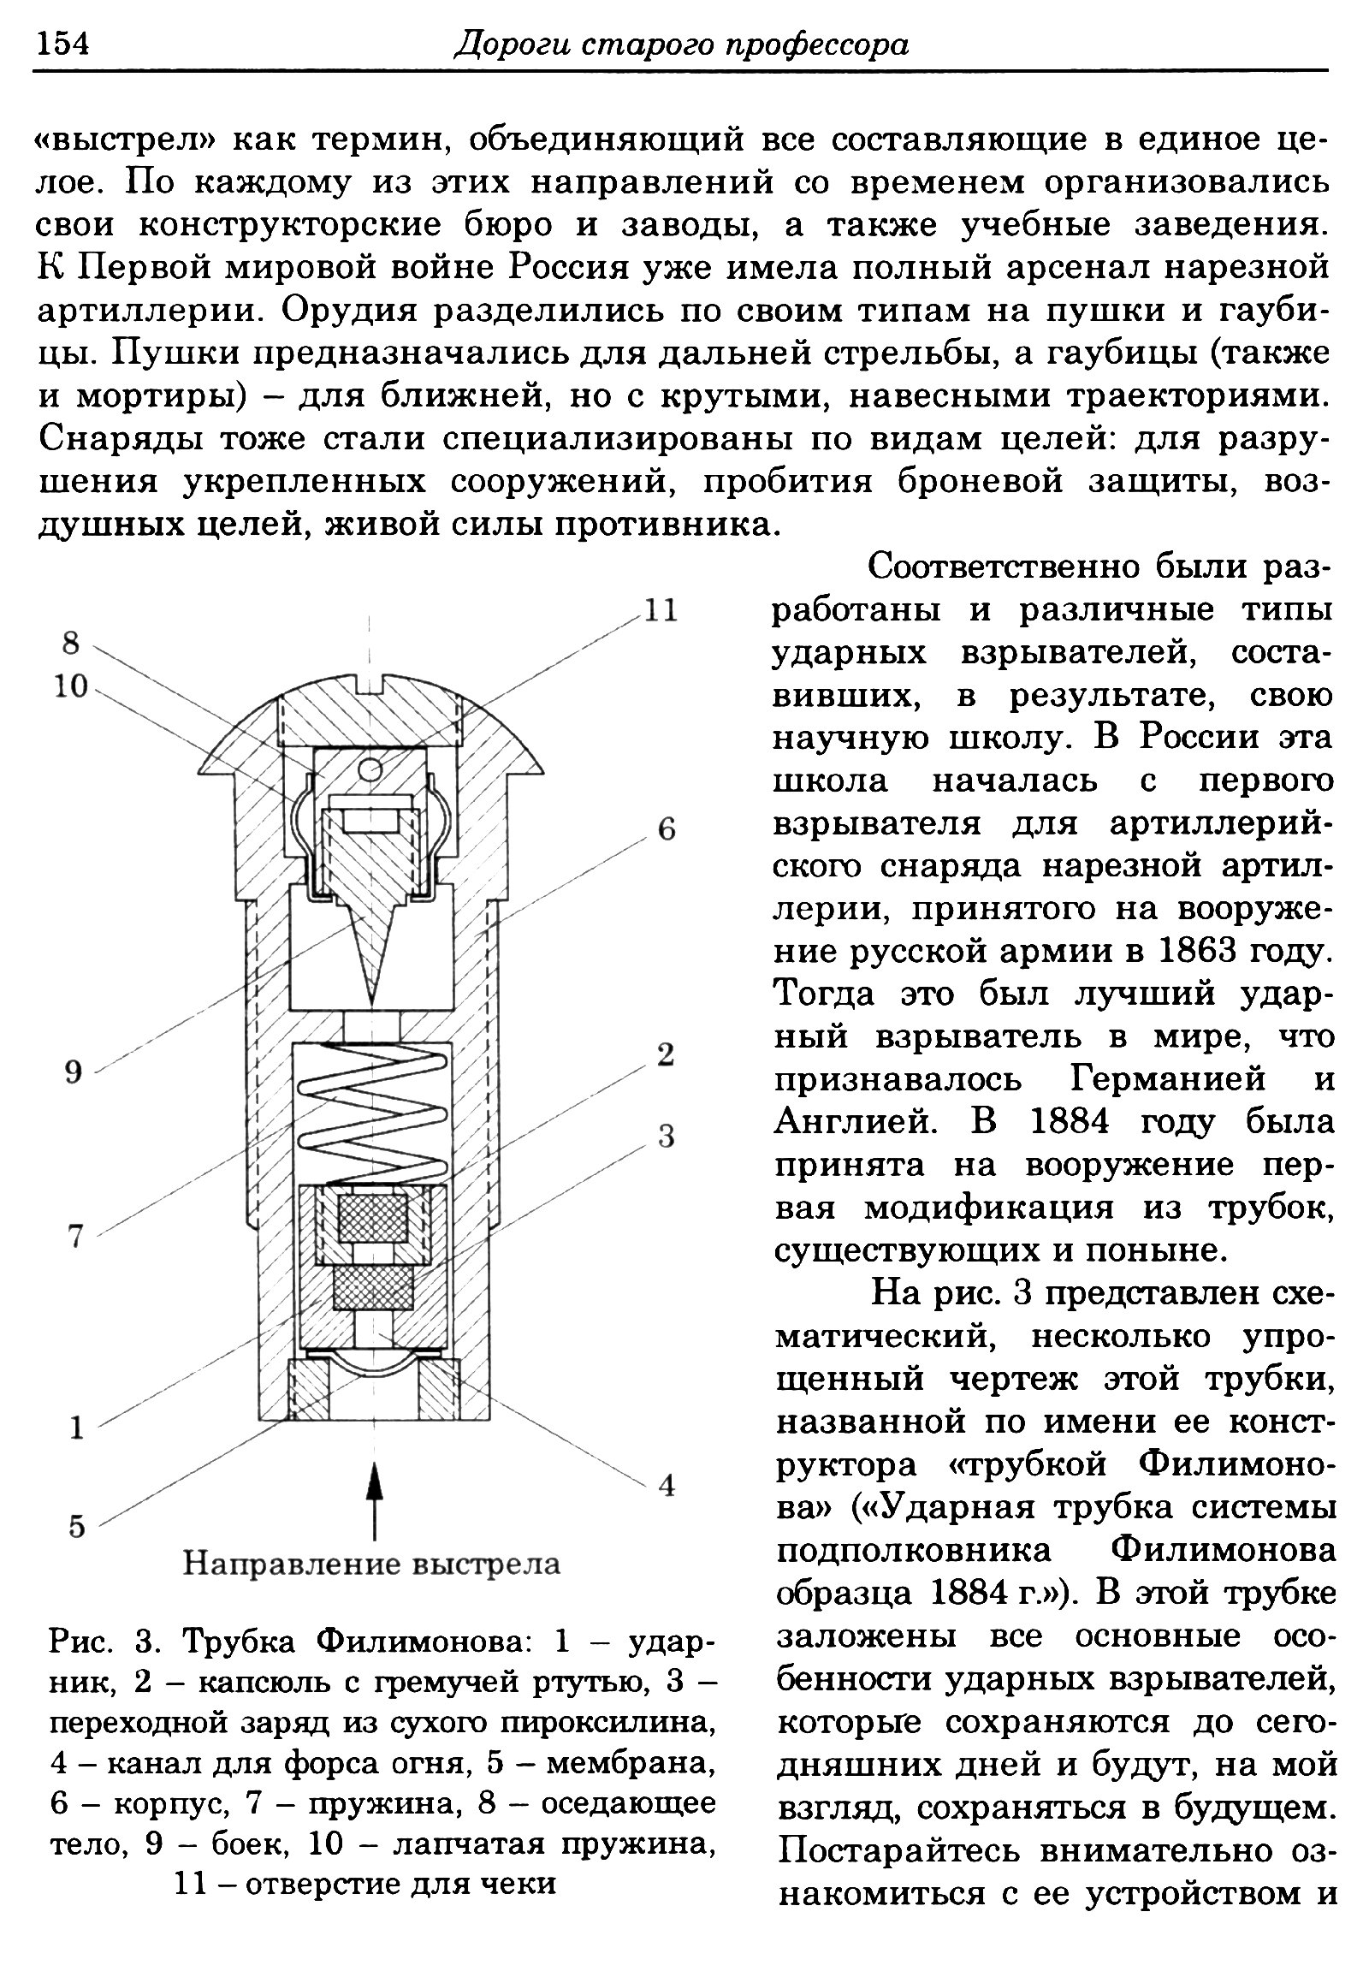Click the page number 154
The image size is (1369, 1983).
point(62,43)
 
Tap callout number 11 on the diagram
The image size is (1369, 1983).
point(661,611)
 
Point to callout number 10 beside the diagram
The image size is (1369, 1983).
point(71,686)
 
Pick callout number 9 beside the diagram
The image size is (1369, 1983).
point(74,1072)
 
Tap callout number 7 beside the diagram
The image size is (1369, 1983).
point(75,1237)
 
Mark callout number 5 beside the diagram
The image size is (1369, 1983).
point(77,1527)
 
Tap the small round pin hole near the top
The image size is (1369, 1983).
point(370,771)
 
